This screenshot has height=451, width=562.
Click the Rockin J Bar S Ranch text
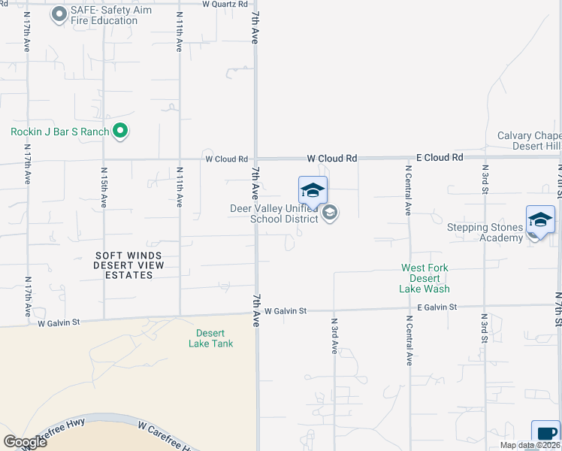pyautogui.click(x=60, y=132)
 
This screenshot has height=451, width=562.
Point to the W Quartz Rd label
pyautogui.click(x=225, y=4)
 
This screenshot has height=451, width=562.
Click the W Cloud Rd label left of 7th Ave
pyautogui.click(x=227, y=159)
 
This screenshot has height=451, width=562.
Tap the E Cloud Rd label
pyautogui.click(x=440, y=159)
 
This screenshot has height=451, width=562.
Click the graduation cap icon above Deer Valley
pyautogui.click(x=313, y=190)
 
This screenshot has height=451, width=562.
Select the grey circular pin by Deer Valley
pyautogui.click(x=329, y=214)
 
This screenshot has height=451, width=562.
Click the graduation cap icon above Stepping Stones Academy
pyautogui.click(x=540, y=219)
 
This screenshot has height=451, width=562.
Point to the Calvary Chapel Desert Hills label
pyautogui.click(x=529, y=141)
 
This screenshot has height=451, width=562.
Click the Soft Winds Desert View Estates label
pyautogui.click(x=128, y=265)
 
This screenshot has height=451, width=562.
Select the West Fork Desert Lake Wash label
pyautogui.click(x=425, y=278)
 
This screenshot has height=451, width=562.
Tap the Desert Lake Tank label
pyautogui.click(x=210, y=338)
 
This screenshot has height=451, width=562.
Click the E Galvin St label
pyautogui.click(x=437, y=307)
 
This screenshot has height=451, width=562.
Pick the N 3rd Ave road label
pyautogui.click(x=334, y=335)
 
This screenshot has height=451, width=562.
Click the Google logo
pyautogui.click(x=25, y=442)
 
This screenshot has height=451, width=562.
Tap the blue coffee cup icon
pyautogui.click(x=545, y=434)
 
